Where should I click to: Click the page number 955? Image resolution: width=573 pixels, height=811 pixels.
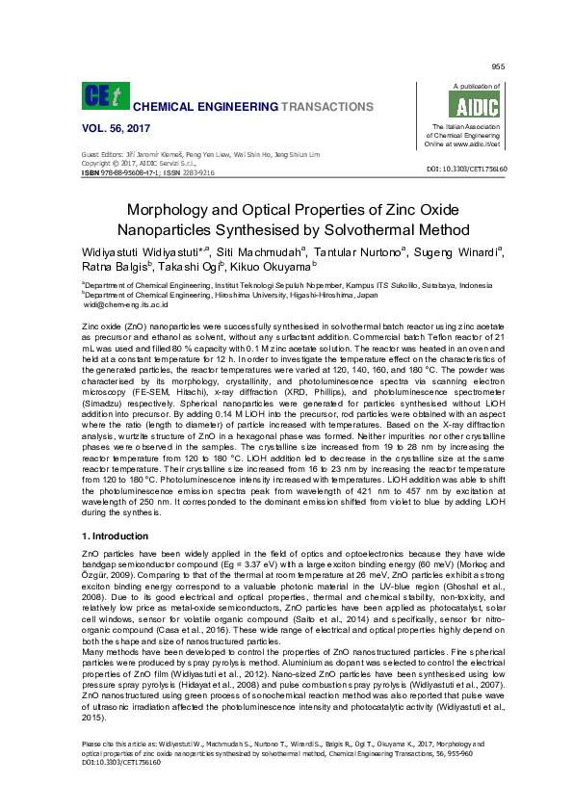click(x=499, y=65)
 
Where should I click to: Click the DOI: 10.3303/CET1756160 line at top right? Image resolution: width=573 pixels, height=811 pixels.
click(x=466, y=169)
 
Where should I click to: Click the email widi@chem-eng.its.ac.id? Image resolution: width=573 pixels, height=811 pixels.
click(x=126, y=303)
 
